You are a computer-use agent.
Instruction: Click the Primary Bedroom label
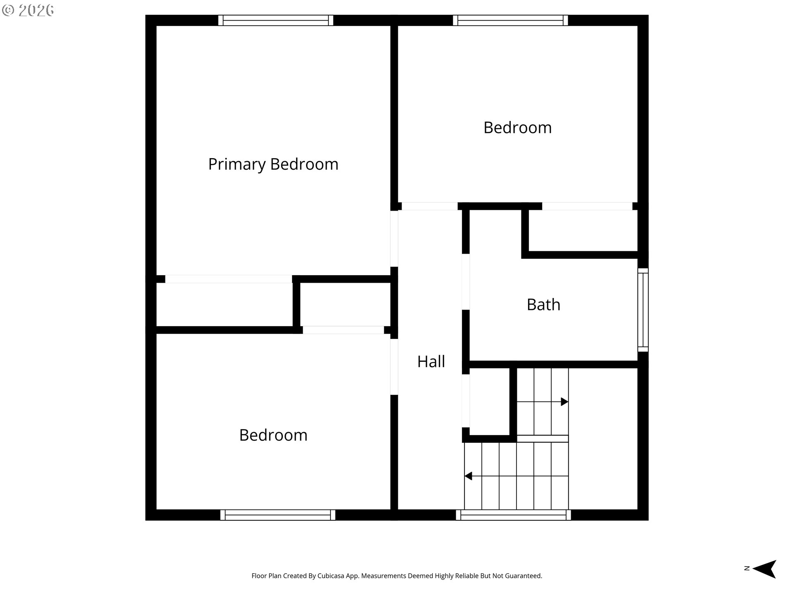tap(273, 164)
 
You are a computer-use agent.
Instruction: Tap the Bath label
tap(543, 305)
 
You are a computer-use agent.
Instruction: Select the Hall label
tap(431, 361)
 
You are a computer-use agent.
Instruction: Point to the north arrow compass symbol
tap(764, 569)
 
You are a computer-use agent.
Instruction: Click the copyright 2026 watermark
tap(28, 10)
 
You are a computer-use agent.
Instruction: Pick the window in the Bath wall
tap(643, 310)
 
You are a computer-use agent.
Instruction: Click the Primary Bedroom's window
tap(276, 20)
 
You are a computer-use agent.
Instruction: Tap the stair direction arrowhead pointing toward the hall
tap(468, 476)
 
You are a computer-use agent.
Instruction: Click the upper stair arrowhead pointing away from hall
tap(564, 401)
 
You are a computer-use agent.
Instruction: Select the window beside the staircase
tap(513, 515)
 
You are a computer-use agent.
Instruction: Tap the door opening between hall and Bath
tap(466, 281)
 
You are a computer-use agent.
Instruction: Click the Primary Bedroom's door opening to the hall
tap(394, 239)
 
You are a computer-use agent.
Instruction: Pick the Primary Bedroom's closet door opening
tap(229, 279)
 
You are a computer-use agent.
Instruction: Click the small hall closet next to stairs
tap(489, 401)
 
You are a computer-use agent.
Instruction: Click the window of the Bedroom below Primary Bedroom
tap(277, 515)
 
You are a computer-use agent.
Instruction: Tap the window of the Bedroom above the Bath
tap(510, 20)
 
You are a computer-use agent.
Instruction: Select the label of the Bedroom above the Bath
tap(517, 127)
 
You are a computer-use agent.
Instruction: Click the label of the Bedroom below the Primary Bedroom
tap(273, 435)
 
